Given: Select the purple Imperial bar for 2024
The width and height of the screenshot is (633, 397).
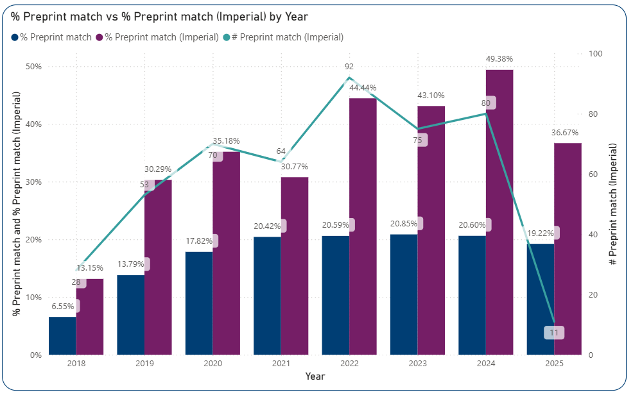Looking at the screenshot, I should click(x=499, y=212).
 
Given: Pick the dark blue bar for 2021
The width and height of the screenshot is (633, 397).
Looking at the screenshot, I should click(x=267, y=296).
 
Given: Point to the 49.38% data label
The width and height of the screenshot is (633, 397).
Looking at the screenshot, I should click(x=499, y=59).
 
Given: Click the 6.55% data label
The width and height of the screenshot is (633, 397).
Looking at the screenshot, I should click(x=62, y=307).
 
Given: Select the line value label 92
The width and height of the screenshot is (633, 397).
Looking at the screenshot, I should click(x=349, y=66).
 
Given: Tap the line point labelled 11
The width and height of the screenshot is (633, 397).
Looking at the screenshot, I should click(x=554, y=332).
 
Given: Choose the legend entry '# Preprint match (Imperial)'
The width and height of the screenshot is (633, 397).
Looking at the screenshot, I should click(x=283, y=37).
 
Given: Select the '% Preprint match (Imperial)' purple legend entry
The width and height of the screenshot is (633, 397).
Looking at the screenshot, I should click(x=157, y=37).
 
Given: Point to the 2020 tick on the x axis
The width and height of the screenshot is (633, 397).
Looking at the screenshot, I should click(x=212, y=364).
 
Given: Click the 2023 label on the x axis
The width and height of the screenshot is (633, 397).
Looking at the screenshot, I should click(x=417, y=364).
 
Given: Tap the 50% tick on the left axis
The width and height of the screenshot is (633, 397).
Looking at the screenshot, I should click(x=33, y=67).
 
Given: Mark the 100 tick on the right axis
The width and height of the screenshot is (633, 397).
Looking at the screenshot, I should click(x=596, y=54).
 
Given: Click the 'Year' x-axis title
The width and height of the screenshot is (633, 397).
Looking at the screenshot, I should click(x=315, y=376).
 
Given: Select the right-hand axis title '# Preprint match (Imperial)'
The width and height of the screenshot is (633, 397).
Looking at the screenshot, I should click(x=614, y=205).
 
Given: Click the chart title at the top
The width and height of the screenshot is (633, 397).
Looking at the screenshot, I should click(x=159, y=17).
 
